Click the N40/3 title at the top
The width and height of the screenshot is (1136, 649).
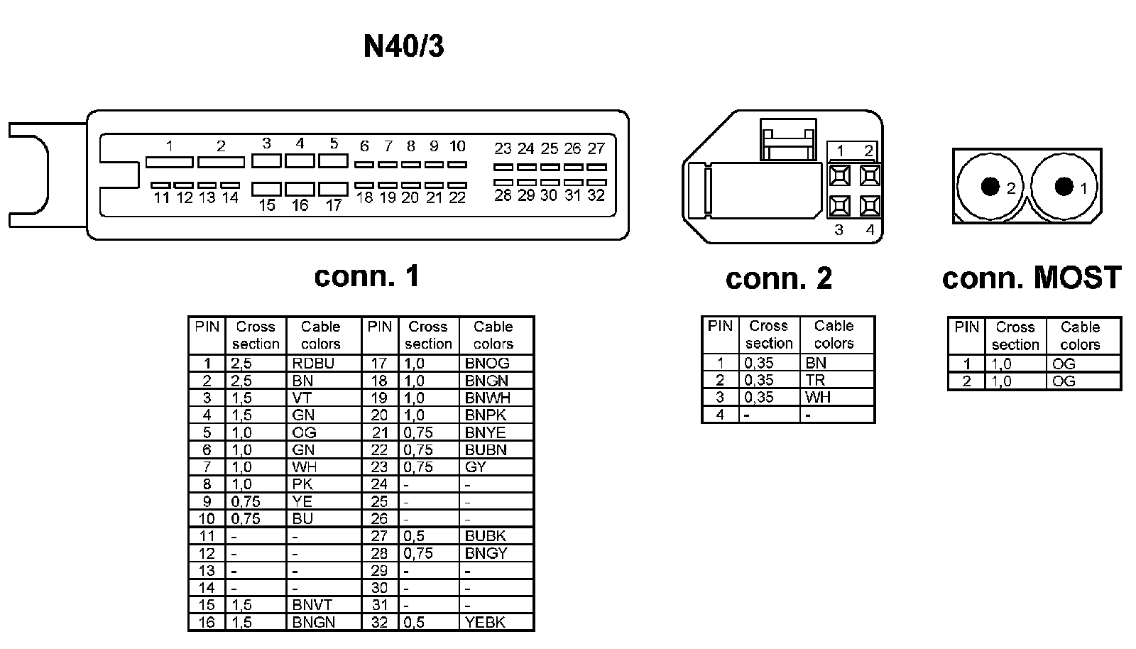click(403, 46)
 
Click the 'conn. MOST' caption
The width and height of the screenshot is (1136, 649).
click(1031, 278)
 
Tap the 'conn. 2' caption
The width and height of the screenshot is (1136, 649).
click(778, 278)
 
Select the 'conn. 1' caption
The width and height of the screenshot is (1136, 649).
click(366, 276)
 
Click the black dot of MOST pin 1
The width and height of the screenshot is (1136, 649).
click(1064, 186)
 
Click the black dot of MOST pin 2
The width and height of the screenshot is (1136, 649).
click(990, 187)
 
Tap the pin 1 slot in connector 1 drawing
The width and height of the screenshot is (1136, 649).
click(169, 163)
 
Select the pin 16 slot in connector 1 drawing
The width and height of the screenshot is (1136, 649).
click(300, 190)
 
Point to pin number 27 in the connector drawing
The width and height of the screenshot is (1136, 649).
click(596, 148)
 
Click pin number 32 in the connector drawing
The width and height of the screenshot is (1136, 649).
click(596, 195)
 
